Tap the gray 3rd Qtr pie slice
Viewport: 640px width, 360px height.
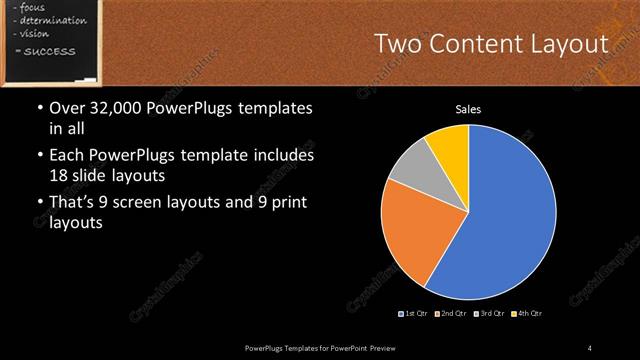pos(411,171)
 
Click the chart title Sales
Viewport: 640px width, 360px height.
pos(468,109)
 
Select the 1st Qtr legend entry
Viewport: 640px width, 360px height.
pos(415,314)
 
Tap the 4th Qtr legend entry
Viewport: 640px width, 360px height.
pos(529,314)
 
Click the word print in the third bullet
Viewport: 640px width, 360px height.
pos(286,204)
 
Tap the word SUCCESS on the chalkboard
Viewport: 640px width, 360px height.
pos(45,50)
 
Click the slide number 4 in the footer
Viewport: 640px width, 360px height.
pos(590,347)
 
